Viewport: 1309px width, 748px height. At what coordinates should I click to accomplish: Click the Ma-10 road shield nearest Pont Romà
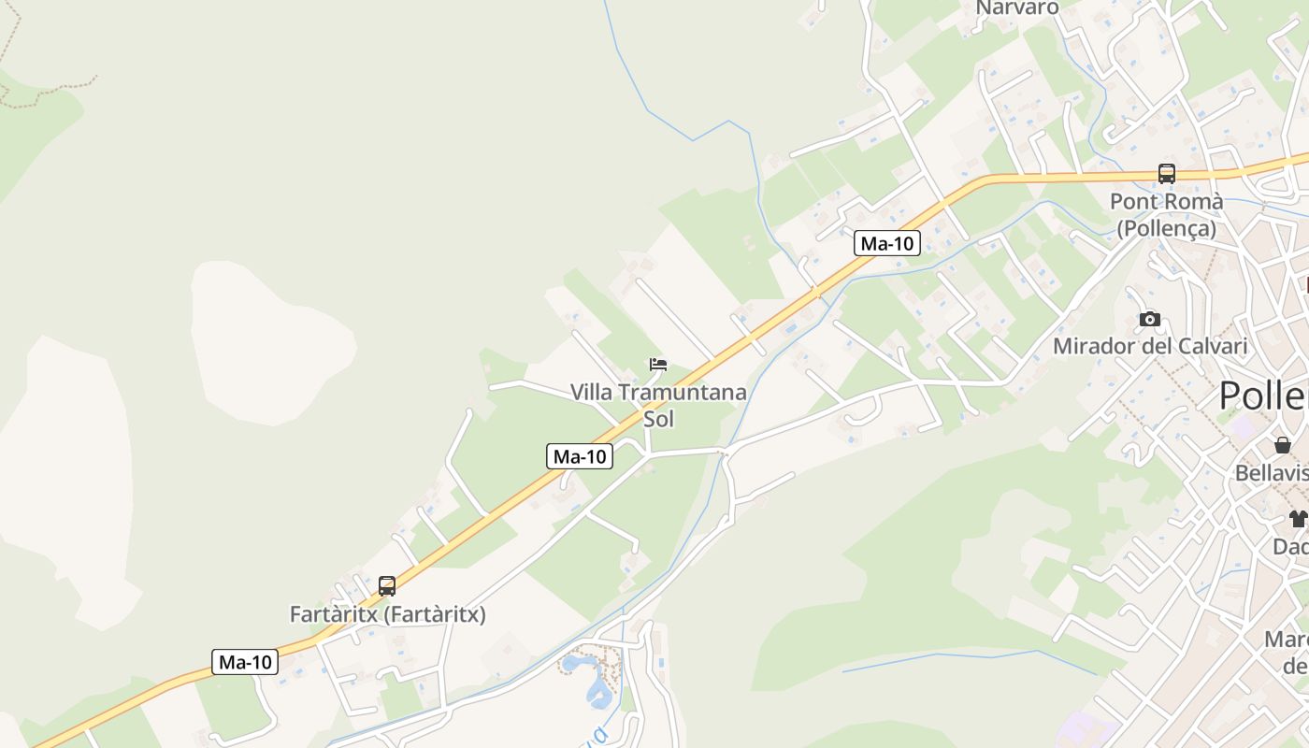click(886, 244)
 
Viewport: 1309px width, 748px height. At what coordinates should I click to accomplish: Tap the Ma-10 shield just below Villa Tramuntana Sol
click(580, 456)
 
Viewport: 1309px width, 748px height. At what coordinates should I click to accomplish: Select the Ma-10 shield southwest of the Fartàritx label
click(245, 662)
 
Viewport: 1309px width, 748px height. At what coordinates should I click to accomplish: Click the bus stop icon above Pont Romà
click(1166, 173)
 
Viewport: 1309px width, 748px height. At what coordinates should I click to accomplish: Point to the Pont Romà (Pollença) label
click(1166, 215)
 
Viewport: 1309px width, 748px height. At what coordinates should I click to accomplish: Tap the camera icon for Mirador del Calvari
click(1149, 320)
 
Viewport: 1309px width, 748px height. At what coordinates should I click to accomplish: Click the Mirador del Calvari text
click(1150, 347)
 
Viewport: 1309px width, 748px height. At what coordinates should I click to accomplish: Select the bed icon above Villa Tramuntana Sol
click(658, 365)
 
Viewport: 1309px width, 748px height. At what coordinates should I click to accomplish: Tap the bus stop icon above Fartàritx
click(387, 586)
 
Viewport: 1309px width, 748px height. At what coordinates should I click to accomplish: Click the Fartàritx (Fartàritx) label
click(387, 615)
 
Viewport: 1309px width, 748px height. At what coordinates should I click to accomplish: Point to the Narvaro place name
click(1017, 8)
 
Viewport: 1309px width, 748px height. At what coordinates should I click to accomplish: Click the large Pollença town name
click(1262, 396)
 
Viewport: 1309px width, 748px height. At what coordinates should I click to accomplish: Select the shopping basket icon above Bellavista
click(1282, 445)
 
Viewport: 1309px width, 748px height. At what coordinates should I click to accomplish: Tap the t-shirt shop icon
click(1297, 518)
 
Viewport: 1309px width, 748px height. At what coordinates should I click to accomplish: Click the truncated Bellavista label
click(1272, 473)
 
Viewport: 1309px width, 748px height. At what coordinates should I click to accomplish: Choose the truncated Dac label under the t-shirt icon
click(1290, 546)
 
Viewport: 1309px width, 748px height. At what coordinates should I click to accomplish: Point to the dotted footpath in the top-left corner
click(47, 92)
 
